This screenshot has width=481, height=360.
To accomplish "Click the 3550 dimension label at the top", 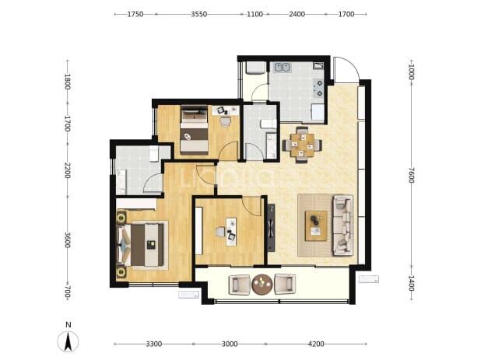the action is (x=198, y=14).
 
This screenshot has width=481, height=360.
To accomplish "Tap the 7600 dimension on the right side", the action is (x=412, y=175).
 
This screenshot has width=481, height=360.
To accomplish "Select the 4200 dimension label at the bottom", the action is (x=316, y=344).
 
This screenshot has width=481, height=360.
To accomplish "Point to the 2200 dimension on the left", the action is (x=68, y=171).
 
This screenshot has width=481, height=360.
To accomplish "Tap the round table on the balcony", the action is (x=262, y=284).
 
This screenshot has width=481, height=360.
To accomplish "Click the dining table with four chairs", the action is (x=303, y=145).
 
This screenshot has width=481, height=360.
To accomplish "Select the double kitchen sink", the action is (x=283, y=68).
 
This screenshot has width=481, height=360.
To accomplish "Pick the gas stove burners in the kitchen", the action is (x=318, y=88).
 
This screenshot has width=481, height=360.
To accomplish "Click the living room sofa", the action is (x=343, y=225).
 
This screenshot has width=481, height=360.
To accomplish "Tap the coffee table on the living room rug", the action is (x=316, y=226).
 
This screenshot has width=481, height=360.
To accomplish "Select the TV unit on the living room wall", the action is (x=271, y=228).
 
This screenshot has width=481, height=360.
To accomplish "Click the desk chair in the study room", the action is (x=220, y=232).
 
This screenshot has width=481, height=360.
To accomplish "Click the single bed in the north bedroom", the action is (x=194, y=130).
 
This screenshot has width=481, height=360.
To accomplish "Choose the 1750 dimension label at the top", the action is (x=135, y=14).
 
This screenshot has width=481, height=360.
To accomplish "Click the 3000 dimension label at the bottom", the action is (x=230, y=344).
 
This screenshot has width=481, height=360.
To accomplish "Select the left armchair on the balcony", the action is (x=240, y=285).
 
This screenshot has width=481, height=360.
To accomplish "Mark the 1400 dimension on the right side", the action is (x=412, y=283).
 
